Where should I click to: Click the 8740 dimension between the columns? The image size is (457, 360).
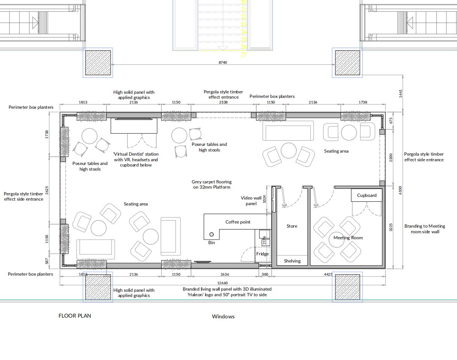tap(223, 62)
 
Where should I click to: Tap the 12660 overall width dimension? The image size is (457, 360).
tap(222, 283)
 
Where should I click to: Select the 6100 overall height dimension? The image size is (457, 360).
tap(400, 190)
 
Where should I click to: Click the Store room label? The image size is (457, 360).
tap(292, 226)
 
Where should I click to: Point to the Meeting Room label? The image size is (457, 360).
tap(348, 238)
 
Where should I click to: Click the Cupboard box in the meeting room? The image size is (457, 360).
tap(367, 195)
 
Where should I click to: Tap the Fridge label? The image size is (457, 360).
tap(263, 254)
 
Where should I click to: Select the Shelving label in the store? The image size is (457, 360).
tap(292, 261)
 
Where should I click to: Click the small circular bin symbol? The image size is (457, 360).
tap(212, 234)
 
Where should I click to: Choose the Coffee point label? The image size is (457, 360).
tap(238, 222)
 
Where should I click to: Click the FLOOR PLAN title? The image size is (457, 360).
tap(75, 316)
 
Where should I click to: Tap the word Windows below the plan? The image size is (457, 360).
tap(223, 316)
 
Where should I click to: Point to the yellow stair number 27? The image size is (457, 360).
tap(244, 54)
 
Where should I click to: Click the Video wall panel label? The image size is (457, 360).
tap(251, 201)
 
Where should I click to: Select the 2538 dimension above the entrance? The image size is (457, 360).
tap(223, 102)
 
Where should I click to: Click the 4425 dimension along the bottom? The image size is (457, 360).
tap(328, 274)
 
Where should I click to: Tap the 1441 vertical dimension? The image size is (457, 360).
tap(400, 94)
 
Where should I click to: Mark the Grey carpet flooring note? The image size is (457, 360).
tap(212, 184)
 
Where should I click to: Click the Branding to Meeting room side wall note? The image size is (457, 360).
tap(425, 229)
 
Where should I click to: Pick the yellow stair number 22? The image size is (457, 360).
tap(244, 17)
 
